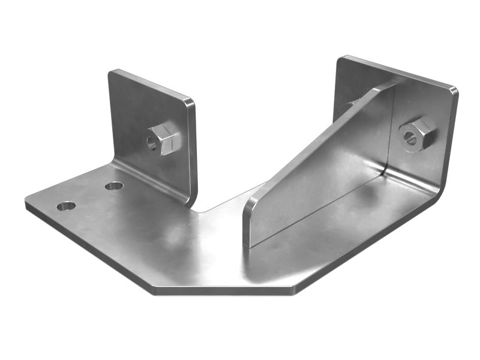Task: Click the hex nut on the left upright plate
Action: pos(162,140)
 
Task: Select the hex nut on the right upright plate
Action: pos(416,134)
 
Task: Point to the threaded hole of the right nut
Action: pos(410,137)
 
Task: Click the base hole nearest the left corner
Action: pos(66,206)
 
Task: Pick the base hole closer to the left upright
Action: pos(114,186)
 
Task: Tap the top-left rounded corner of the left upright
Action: pos(112,74)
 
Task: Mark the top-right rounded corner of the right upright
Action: pos(454,91)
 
